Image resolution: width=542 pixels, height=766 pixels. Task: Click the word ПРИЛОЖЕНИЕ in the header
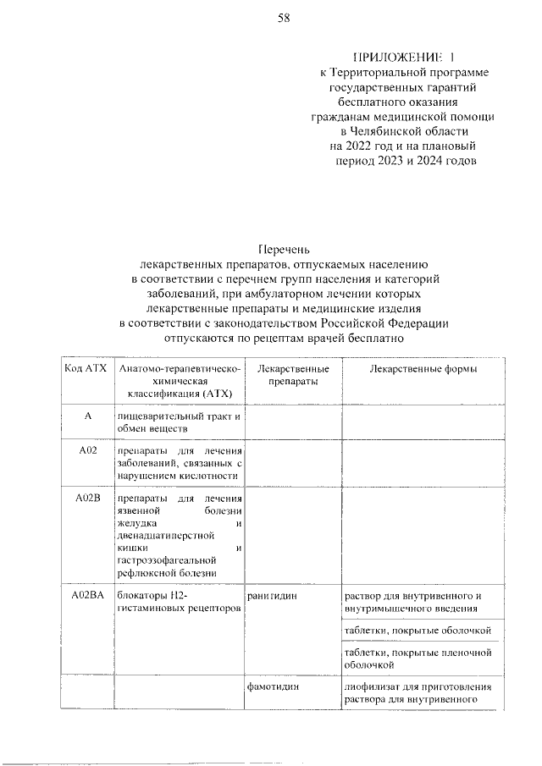(395, 57)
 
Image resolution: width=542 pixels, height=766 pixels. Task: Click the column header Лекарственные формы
(423, 369)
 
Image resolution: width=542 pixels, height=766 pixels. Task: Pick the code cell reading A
(86, 416)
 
